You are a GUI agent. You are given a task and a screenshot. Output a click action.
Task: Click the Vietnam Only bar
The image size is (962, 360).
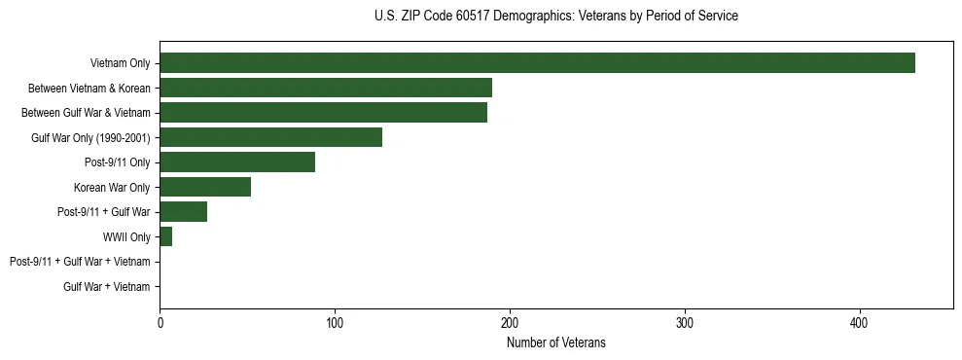coord(537,63)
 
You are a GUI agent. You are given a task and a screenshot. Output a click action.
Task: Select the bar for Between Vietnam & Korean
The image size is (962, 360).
coord(326,88)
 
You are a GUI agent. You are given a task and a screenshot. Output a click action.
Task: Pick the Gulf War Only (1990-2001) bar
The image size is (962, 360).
coord(270,137)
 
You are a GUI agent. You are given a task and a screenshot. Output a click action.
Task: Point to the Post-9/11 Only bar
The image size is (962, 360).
coord(237,162)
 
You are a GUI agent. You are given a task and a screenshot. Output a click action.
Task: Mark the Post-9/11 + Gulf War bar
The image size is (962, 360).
coord(183,212)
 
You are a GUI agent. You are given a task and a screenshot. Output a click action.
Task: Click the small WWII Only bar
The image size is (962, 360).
coord(165,236)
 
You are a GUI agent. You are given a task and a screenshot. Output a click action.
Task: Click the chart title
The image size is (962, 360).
coord(555,17)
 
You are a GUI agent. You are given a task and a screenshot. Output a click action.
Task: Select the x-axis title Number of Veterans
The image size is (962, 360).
coord(555,342)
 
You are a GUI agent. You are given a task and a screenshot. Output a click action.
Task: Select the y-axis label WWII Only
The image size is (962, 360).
coord(126,237)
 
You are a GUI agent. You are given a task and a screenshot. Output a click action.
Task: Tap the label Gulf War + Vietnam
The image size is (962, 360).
coord(107,287)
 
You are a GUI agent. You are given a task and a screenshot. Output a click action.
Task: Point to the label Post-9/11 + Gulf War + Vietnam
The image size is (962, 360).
coord(80,262)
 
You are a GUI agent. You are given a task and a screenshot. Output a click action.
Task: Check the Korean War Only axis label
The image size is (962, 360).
coord(112,188)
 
